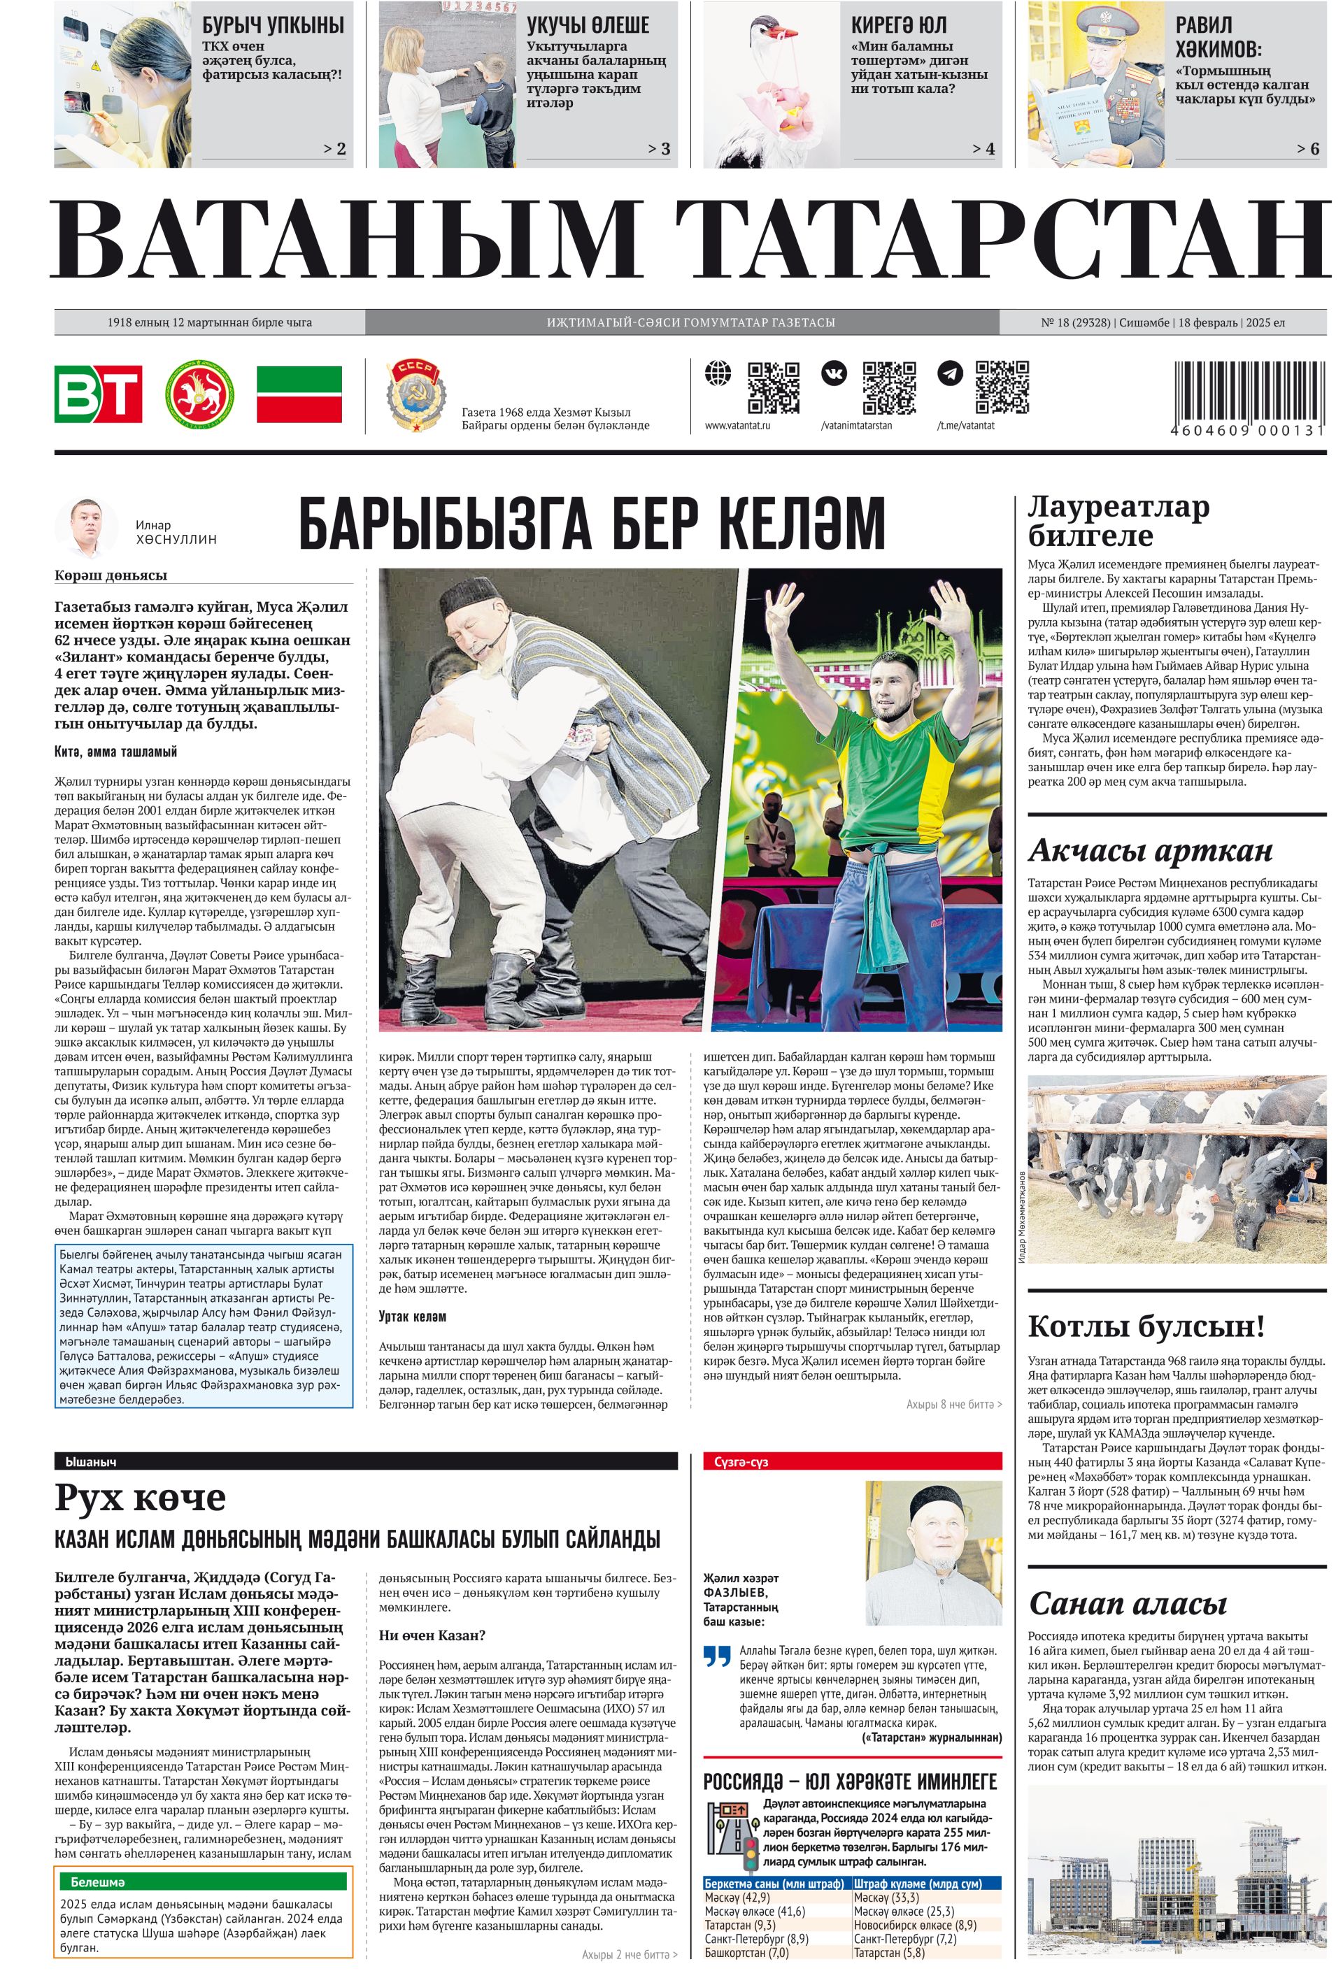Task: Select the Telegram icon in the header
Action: coord(949,373)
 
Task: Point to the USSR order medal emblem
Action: coord(415,394)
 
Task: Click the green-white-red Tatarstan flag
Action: coord(299,394)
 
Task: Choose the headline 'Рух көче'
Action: coord(140,1497)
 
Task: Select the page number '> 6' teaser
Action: coord(1307,148)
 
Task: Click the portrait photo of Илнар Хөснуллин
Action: coord(87,526)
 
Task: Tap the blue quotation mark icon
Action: coord(717,1655)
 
